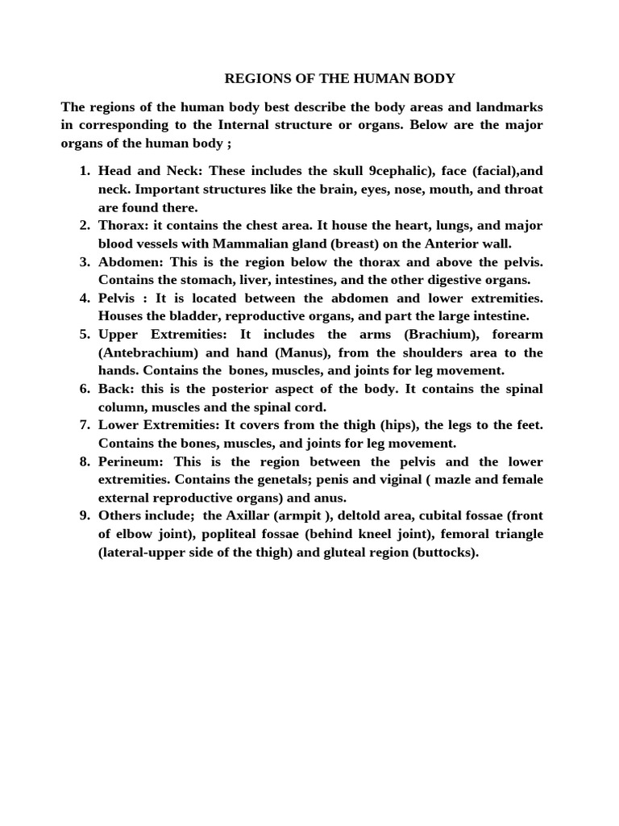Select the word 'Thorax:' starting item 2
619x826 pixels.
point(120,225)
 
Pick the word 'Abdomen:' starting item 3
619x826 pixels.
point(131,261)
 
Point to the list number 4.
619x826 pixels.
point(85,298)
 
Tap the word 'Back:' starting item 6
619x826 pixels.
point(115,389)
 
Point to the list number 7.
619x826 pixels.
point(85,425)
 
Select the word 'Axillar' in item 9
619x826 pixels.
point(255,515)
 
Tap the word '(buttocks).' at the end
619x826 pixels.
point(445,552)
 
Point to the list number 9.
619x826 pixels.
point(85,515)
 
